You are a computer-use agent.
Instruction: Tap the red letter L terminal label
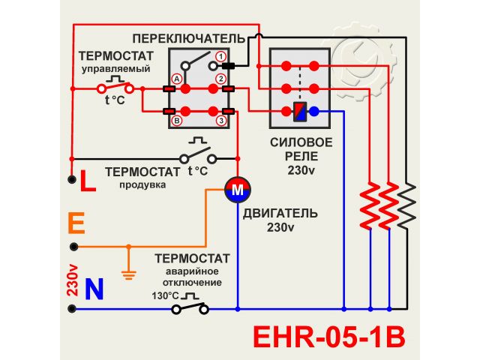coord(87,181)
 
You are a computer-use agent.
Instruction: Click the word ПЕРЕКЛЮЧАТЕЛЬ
coord(188,37)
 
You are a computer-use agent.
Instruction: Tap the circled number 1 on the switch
coord(221,57)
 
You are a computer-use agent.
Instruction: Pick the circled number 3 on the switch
coord(221,120)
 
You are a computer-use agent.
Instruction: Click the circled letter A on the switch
coord(177,78)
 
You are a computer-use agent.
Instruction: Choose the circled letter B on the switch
coord(177,120)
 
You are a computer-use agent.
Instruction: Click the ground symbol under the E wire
coord(128,274)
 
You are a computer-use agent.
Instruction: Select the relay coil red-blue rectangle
coord(300,112)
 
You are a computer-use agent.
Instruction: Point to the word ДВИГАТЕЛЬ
coord(280,213)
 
